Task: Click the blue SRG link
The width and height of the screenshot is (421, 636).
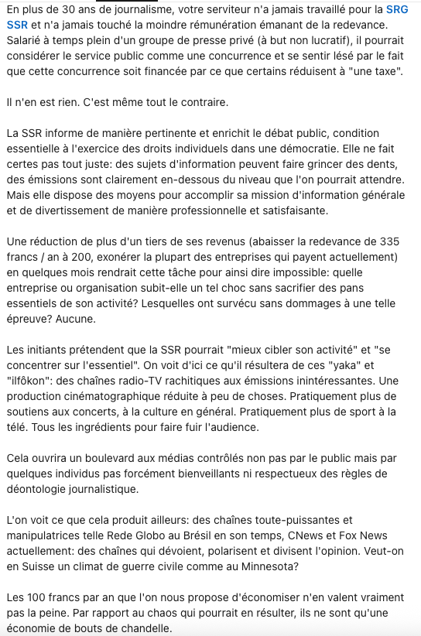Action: click(397, 10)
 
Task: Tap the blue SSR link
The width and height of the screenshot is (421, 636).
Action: click(16, 26)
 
